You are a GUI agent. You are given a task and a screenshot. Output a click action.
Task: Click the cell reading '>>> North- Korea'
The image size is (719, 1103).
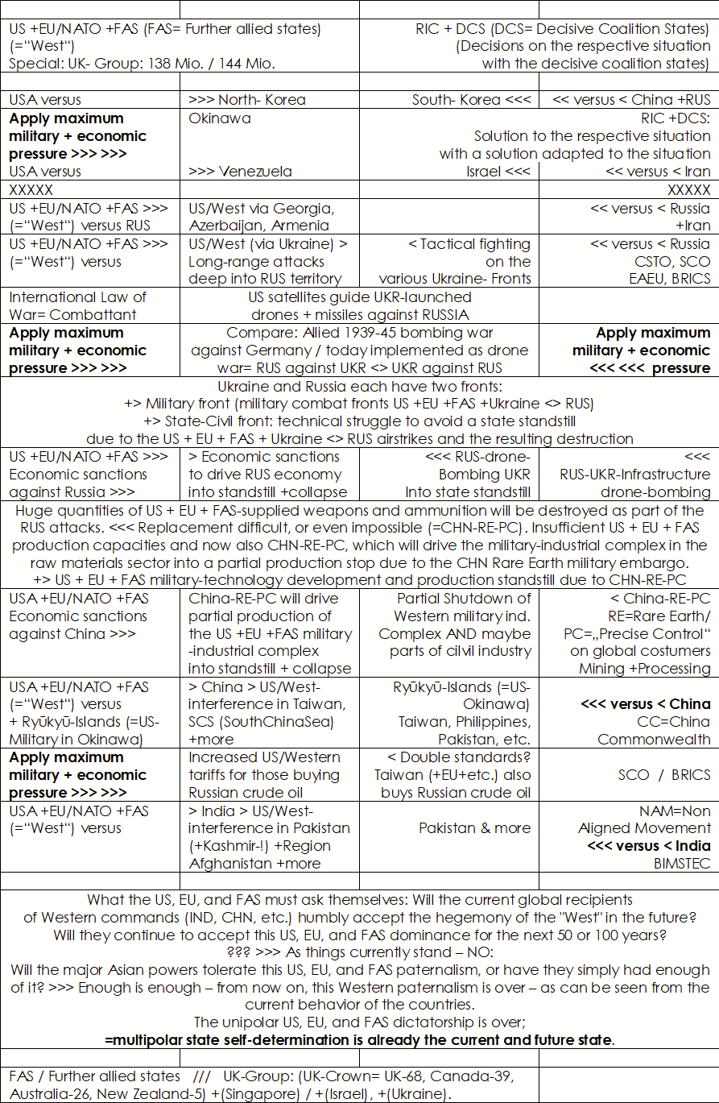coord(247,100)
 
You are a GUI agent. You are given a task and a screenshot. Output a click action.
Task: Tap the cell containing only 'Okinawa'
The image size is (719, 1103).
coord(220,118)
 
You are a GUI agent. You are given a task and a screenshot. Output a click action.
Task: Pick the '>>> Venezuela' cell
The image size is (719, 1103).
coord(240,171)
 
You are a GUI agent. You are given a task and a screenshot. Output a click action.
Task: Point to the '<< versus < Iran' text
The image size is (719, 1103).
coord(658,171)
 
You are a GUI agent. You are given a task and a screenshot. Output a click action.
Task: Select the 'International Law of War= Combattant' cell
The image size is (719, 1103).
coord(78,305)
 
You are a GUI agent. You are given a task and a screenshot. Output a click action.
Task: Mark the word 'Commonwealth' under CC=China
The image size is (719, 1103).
coord(654,739)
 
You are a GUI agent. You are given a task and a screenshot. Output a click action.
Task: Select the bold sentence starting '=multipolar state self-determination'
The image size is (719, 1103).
coord(360,1039)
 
